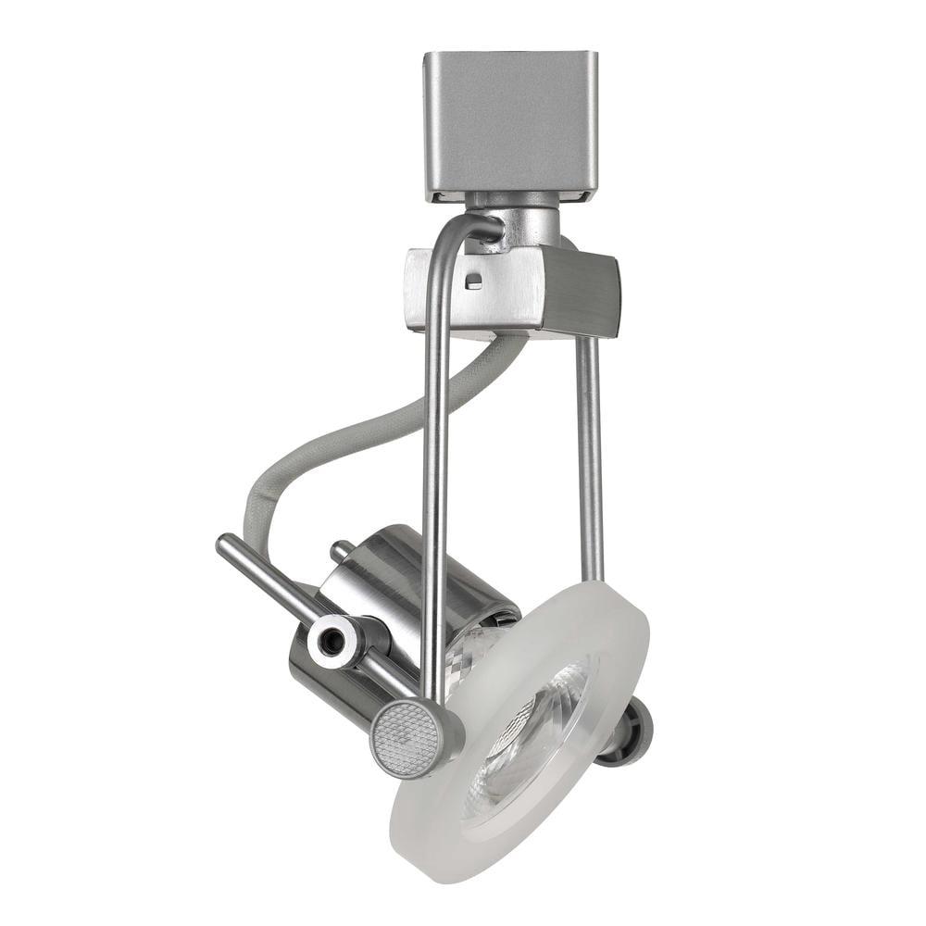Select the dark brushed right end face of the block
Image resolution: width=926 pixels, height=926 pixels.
581,293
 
